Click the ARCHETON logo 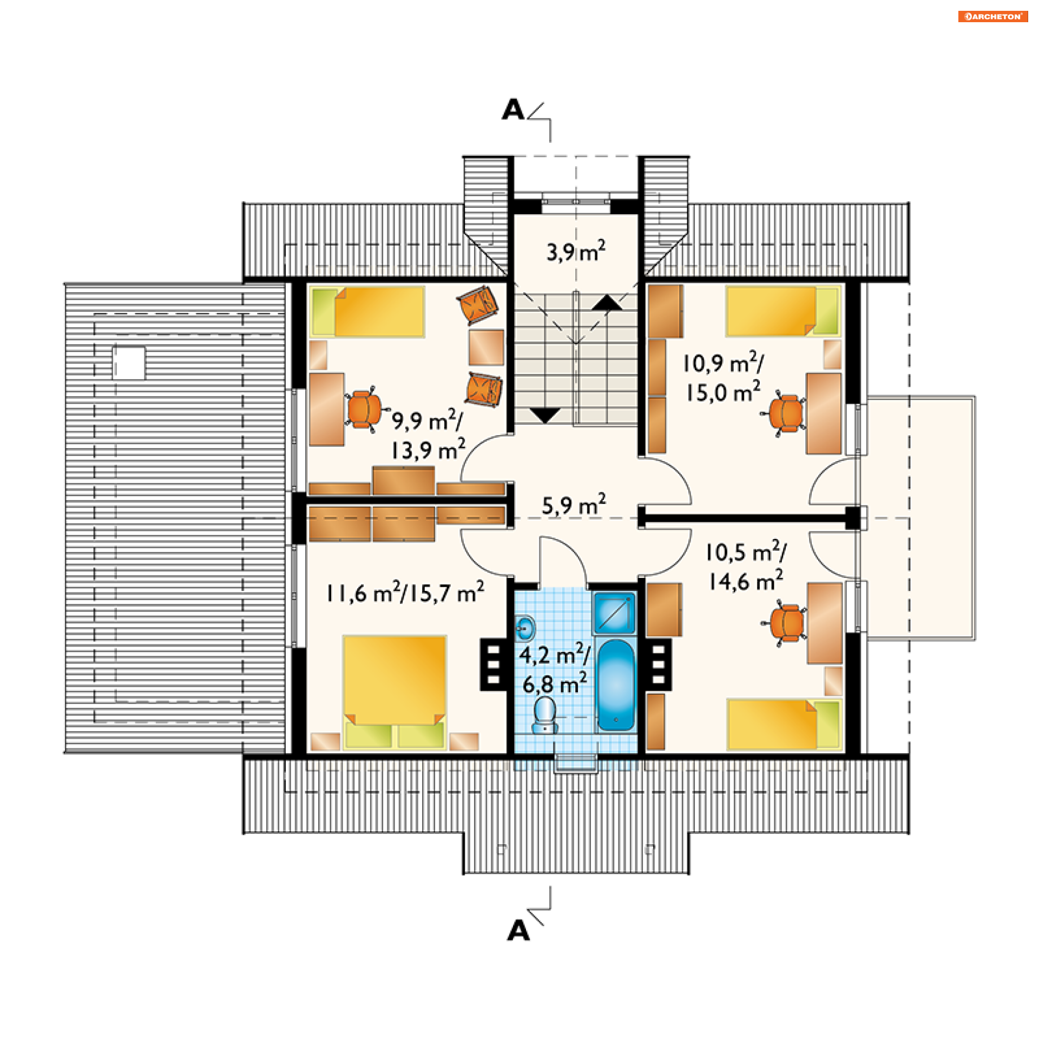coord(992,16)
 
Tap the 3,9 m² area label coord(576,252)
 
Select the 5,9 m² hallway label coord(574,505)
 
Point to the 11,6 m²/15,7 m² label coord(405,593)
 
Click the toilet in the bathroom coord(544,715)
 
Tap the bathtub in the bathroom coord(616,685)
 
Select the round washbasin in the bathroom coord(524,628)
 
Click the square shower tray coord(614,613)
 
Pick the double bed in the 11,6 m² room coord(394,690)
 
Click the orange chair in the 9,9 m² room coord(364,409)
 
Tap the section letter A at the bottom coord(518,931)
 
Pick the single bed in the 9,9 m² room coord(368,312)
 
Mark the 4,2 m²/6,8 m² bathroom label coord(554,670)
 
